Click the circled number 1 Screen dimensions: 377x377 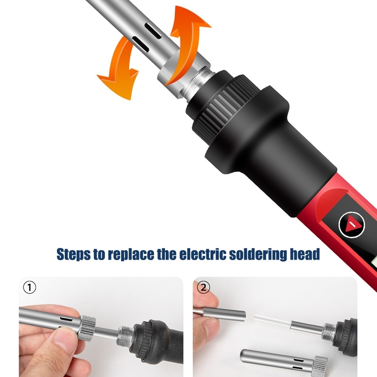[30, 287]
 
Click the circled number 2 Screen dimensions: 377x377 [203, 287]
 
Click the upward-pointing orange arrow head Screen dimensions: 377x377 [192, 18]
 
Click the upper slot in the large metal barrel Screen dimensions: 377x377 [153, 31]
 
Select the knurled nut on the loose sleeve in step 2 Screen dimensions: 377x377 [320, 366]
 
